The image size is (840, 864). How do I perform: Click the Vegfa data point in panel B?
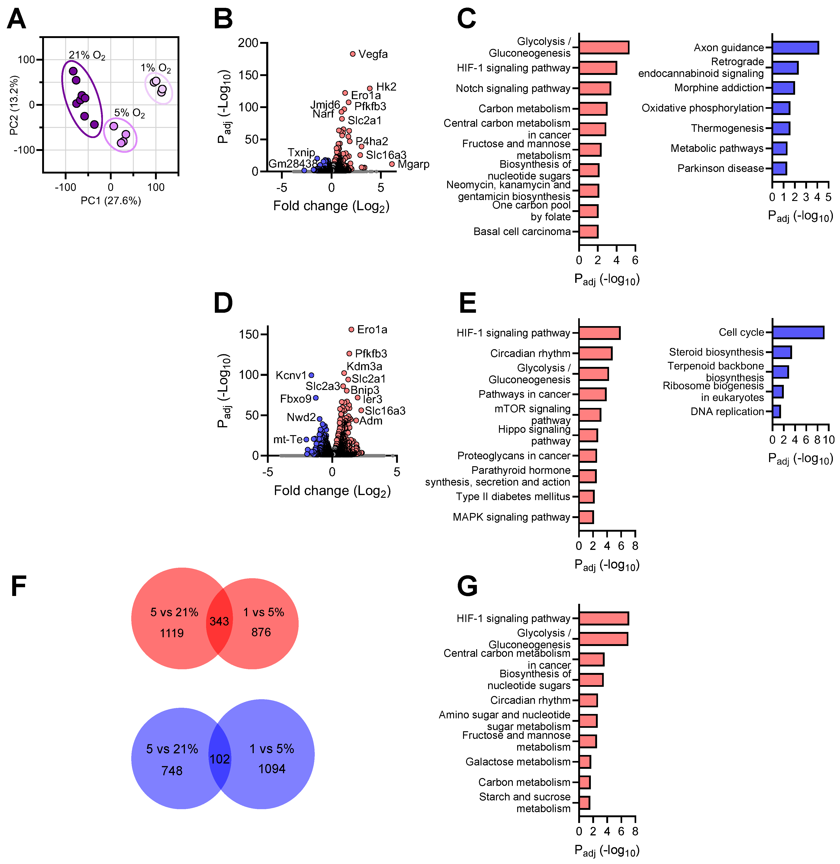coord(353,54)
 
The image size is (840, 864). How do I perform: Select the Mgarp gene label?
coord(413,164)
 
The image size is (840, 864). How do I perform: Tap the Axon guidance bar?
coord(795,48)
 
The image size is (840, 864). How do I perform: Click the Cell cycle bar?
coord(798,333)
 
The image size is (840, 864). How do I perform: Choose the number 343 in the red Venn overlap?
coord(219,622)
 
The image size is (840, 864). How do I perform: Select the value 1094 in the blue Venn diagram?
coord(272,769)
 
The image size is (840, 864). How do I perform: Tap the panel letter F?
coord(18,586)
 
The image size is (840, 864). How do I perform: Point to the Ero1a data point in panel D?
coord(351,329)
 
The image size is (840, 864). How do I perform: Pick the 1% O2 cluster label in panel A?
coord(156,68)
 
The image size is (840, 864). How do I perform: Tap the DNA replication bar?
coord(776,411)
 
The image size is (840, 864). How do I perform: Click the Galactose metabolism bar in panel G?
coord(585,762)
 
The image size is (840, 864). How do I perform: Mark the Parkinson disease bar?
coord(779,168)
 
